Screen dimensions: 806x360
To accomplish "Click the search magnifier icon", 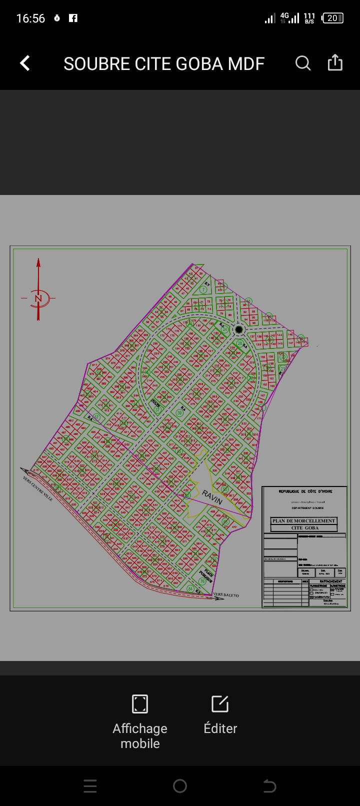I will pyautogui.click(x=303, y=63).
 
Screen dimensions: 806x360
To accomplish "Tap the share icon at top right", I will pyautogui.click(x=335, y=63).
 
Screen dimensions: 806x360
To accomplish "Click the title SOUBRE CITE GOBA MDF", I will pyautogui.click(x=164, y=64).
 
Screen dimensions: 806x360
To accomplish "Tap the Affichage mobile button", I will pyautogui.click(x=140, y=720).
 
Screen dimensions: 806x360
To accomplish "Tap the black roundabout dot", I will pyautogui.click(x=239, y=329).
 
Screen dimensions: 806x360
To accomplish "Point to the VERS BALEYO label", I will pyautogui.click(x=226, y=595).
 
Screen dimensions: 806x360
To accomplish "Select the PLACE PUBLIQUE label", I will pyautogui.click(x=206, y=576).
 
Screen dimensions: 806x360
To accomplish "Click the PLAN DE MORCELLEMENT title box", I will pyautogui.click(x=303, y=520).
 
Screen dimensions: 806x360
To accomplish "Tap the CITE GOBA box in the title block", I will pyautogui.click(x=304, y=527).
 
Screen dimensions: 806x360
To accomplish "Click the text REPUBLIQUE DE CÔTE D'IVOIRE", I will pyautogui.click(x=305, y=491).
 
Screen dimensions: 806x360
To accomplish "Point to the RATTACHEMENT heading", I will pyautogui.click(x=331, y=581).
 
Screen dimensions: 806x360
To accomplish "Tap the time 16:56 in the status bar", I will pyautogui.click(x=30, y=18).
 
